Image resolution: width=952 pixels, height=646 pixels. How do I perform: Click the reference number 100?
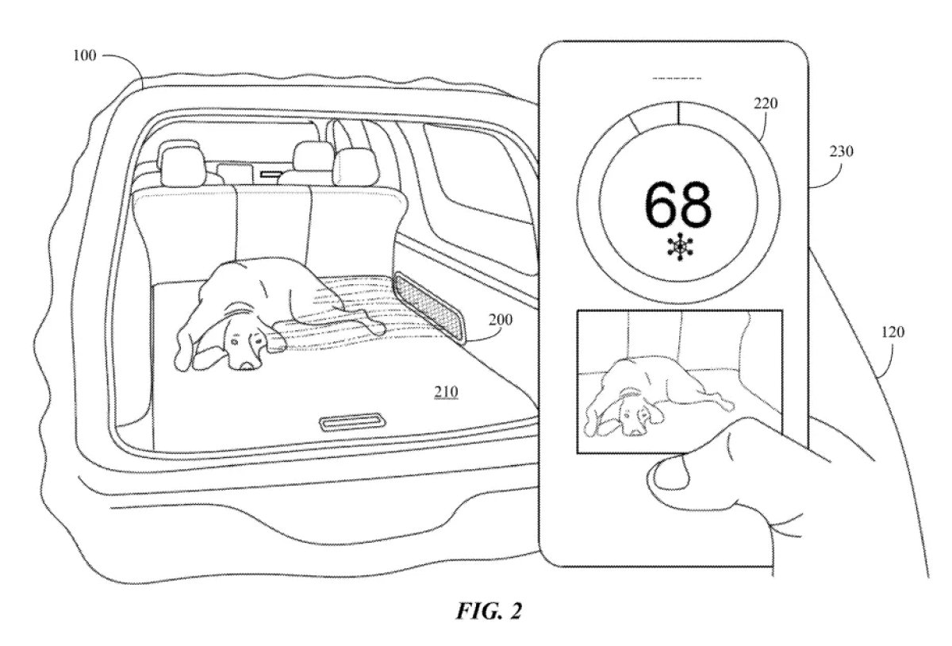tap(85, 56)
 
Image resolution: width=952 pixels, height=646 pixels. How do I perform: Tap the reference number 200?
tap(501, 319)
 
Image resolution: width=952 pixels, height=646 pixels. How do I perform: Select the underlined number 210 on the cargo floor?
tap(446, 392)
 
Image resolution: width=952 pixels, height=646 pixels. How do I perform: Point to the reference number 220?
tap(766, 103)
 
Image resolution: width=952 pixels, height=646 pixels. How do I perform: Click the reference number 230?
tap(842, 151)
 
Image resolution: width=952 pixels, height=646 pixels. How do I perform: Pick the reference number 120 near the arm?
tap(893, 332)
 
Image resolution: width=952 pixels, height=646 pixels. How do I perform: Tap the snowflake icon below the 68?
tap(680, 247)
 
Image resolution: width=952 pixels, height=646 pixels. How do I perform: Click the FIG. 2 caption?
tap(489, 611)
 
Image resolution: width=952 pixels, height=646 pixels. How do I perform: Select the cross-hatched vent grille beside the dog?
tap(430, 307)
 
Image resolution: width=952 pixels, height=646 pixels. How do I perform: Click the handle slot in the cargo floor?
tap(353, 422)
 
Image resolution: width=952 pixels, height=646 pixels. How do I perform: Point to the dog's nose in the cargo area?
tap(248, 365)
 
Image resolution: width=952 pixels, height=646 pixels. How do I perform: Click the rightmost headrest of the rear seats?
tap(355, 167)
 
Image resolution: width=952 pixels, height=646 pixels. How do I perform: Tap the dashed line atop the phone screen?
tap(677, 79)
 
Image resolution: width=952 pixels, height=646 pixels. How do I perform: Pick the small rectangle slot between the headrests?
tap(271, 174)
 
